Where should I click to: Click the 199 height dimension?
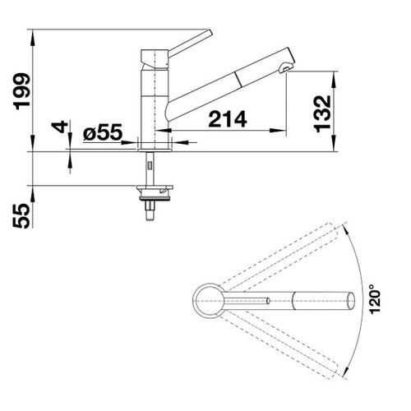(22, 91)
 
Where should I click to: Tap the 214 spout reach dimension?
(228, 119)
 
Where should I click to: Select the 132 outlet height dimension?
(322, 113)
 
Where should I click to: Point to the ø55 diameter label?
(103, 132)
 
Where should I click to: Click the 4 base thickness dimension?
(60, 127)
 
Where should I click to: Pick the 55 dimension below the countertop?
(21, 216)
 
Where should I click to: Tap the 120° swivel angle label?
(375, 298)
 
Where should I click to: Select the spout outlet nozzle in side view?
(284, 68)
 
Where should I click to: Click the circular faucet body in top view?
(209, 301)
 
